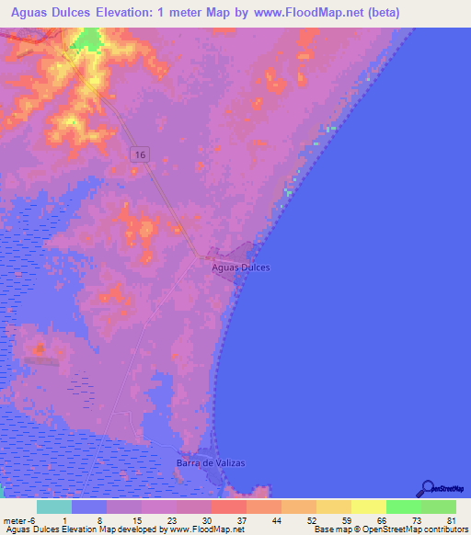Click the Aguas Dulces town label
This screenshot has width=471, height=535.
point(241,267)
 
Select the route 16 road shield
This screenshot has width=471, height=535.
point(139,155)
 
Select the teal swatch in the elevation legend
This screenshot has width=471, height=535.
point(54,507)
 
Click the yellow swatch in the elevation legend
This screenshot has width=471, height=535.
point(369,507)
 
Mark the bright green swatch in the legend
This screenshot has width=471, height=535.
point(404,507)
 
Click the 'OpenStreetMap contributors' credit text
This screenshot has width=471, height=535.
point(418,529)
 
